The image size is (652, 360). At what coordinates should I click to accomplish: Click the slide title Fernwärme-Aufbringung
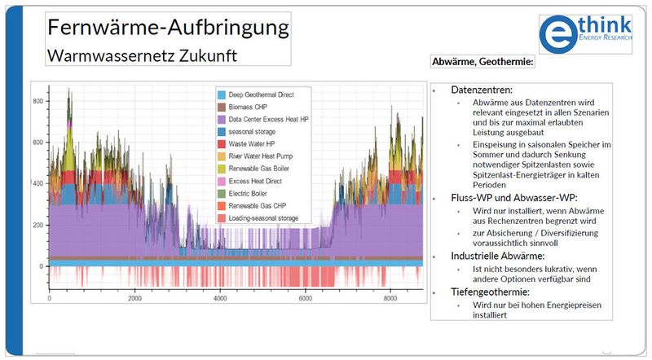pyautogui.click(x=169, y=28)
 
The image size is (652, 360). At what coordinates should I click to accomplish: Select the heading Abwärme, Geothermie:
pyautogui.click(x=482, y=62)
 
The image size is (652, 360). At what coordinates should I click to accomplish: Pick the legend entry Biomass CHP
pyautogui.click(x=249, y=107)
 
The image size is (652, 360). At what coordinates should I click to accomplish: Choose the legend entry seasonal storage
pyautogui.click(x=252, y=131)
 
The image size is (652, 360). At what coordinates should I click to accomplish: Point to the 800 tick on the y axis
pyautogui.click(x=37, y=100)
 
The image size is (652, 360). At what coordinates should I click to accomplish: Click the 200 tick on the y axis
pyautogui.click(x=37, y=225)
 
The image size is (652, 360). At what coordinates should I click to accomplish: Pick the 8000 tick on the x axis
pyautogui.click(x=390, y=298)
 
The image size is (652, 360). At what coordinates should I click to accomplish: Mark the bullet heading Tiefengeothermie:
pyautogui.click(x=491, y=292)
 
